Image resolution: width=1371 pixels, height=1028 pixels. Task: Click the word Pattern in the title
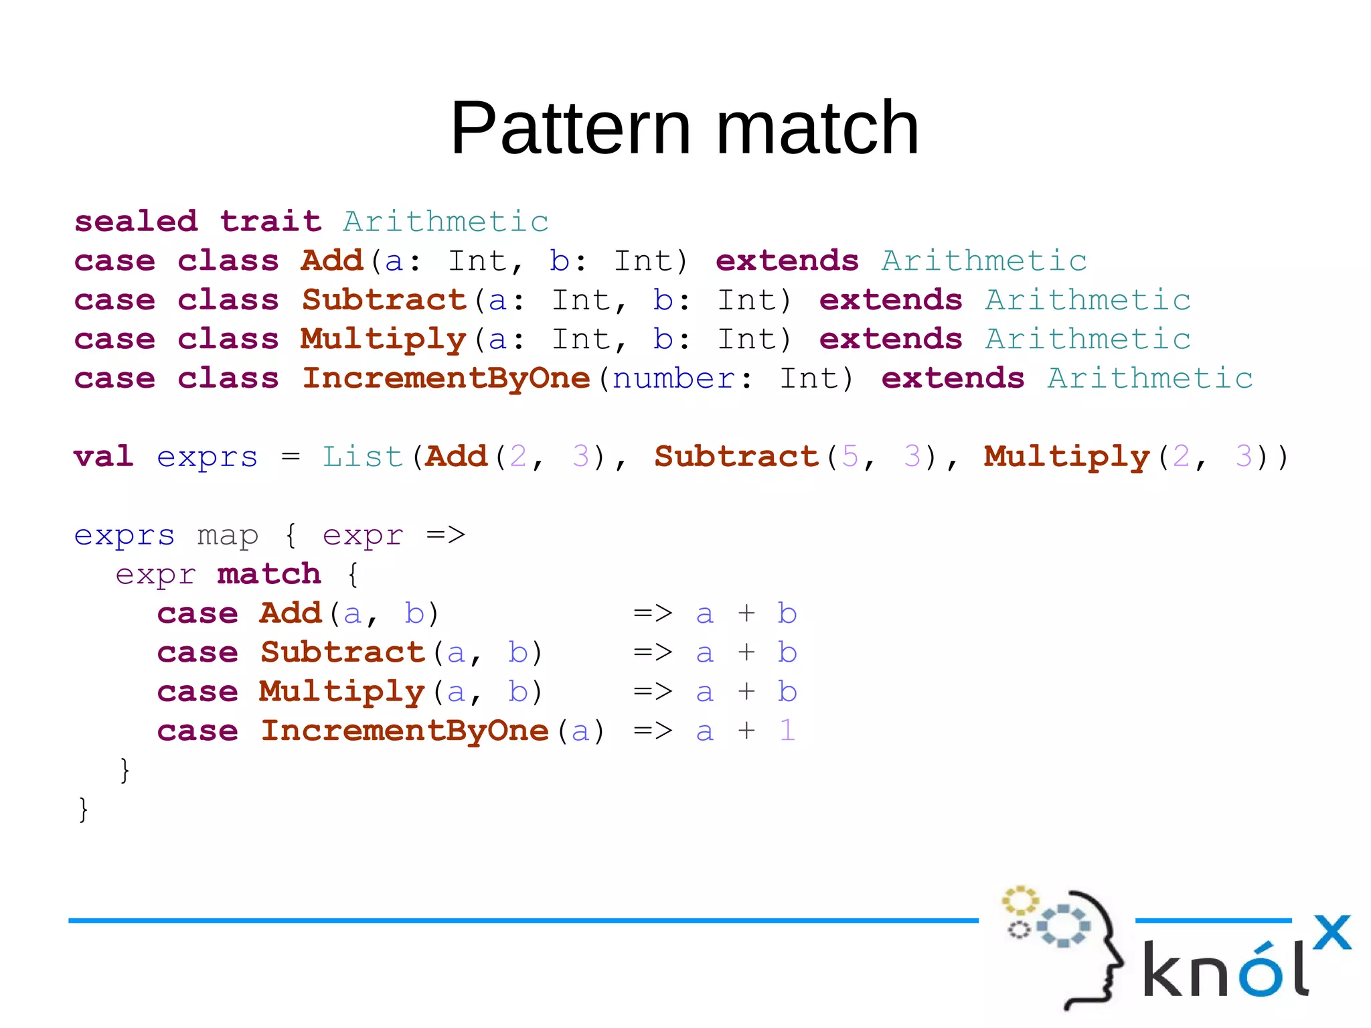tap(570, 128)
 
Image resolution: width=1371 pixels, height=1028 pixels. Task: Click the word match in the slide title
tap(817, 128)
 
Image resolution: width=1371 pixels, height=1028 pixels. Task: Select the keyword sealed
tap(136, 221)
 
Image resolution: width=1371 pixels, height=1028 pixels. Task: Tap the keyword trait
tap(270, 221)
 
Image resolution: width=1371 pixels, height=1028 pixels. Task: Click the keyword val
tap(104, 457)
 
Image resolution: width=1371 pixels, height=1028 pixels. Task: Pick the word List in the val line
tap(362, 457)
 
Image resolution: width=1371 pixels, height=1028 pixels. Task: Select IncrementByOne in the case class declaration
tap(446, 378)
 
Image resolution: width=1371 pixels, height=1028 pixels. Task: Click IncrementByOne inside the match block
tap(405, 731)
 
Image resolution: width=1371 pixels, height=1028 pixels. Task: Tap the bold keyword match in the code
tap(269, 574)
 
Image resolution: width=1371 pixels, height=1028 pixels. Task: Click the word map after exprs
tap(228, 536)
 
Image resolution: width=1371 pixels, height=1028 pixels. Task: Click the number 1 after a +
tap(787, 731)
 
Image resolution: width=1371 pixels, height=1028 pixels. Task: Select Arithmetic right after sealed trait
tap(446, 222)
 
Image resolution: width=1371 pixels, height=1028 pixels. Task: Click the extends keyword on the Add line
tap(787, 261)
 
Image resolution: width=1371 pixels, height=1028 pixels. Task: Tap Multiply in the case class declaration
tap(383, 340)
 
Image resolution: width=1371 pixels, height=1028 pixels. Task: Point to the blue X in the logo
tap(1332, 932)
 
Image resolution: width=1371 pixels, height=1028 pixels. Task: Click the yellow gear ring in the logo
tap(1020, 901)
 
